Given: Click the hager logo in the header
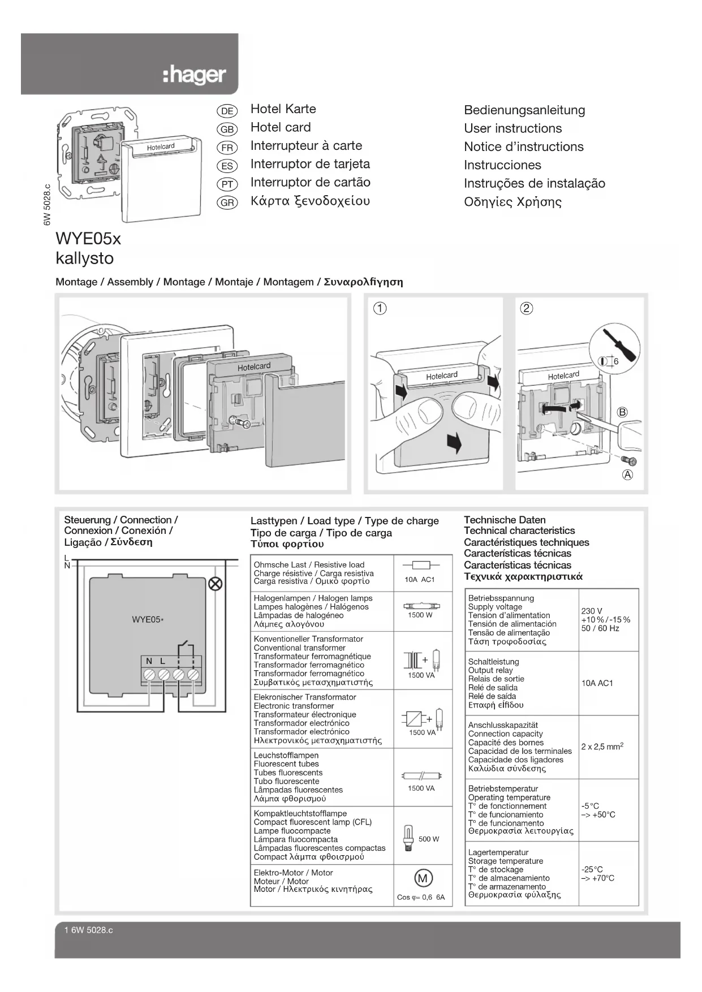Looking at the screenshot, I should click(x=194, y=75).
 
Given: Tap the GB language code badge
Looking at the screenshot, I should click(x=227, y=129).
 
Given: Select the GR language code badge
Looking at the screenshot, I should click(x=227, y=202).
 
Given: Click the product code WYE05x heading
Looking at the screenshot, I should click(x=88, y=239).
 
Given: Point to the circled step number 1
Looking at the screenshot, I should click(x=380, y=308).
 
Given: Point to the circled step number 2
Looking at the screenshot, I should click(x=526, y=308).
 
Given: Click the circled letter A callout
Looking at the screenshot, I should click(x=627, y=475).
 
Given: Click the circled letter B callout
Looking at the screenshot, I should click(x=622, y=412).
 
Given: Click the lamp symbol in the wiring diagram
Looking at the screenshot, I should click(x=215, y=584).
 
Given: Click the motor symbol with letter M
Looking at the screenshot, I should click(x=423, y=878).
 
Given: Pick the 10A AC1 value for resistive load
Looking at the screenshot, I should click(x=419, y=579).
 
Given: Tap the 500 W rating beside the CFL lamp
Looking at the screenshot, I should click(x=429, y=839).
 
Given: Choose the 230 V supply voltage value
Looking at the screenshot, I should click(x=592, y=611).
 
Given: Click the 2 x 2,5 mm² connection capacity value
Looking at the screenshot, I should click(x=602, y=747).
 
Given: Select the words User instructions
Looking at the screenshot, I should click(x=512, y=128).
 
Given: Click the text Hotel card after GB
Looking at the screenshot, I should click(x=281, y=127).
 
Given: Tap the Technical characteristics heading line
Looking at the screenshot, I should click(x=519, y=530).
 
